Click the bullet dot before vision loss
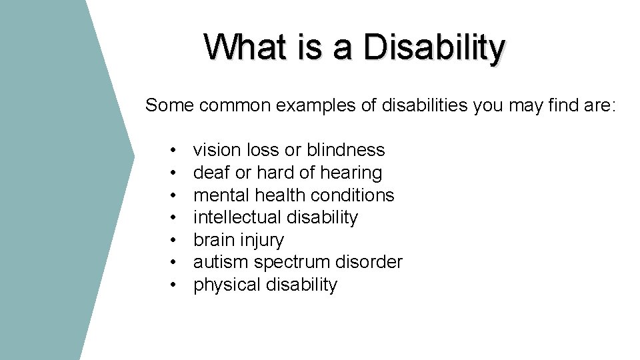[173, 151]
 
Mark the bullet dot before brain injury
[173, 241]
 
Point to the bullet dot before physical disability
[173, 285]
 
